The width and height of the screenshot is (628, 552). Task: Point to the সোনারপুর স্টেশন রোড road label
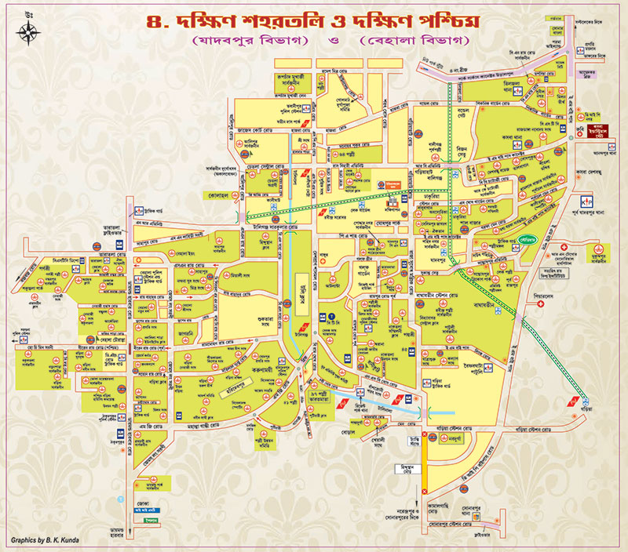460,521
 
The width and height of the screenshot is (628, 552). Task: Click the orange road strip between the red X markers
426,462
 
